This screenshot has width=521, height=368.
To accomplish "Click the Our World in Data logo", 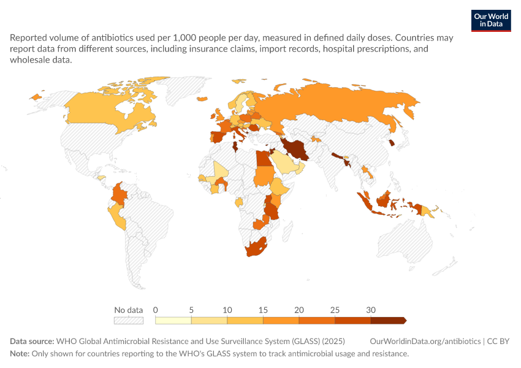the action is point(491,21).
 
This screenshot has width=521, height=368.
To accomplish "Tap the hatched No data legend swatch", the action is point(129,320).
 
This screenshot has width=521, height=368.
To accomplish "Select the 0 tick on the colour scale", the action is point(155,310).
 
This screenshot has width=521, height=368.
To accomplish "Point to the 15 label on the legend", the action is point(263,310).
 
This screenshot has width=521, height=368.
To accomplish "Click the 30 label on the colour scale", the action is point(370,310).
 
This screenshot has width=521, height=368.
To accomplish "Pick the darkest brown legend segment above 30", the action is point(389,320).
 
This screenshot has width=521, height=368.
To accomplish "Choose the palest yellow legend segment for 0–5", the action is point(173,320).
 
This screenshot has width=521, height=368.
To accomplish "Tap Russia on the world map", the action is point(332,103).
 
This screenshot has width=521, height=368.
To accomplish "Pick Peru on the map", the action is point(117,216).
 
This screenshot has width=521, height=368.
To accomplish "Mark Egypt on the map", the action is point(264,158).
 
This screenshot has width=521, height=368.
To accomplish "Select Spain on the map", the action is point(219,137).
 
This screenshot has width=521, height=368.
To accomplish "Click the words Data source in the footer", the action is point(32,341).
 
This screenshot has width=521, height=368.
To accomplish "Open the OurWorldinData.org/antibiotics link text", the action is point(425,341).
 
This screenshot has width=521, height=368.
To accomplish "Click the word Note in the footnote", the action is point(20,353).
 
